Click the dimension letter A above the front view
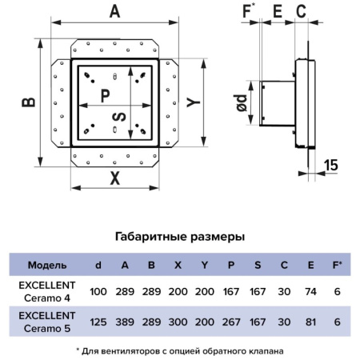click(x=114, y=12)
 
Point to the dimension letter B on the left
click(x=29, y=102)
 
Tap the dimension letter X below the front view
click(x=115, y=178)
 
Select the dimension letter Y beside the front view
click(x=194, y=102)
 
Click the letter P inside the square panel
click(x=106, y=95)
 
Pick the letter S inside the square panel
click(x=119, y=117)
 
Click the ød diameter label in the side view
click(x=242, y=102)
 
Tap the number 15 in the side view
click(x=331, y=165)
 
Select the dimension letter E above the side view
click(x=278, y=11)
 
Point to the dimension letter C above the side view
click(x=301, y=11)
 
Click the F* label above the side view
click(x=249, y=11)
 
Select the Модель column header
click(x=47, y=265)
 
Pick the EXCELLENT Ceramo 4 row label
click(x=47, y=291)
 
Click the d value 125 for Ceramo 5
click(x=98, y=322)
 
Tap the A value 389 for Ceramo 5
click(x=125, y=322)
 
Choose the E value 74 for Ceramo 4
click(x=310, y=291)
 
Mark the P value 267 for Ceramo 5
click(x=231, y=322)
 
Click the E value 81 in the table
click(x=310, y=322)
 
